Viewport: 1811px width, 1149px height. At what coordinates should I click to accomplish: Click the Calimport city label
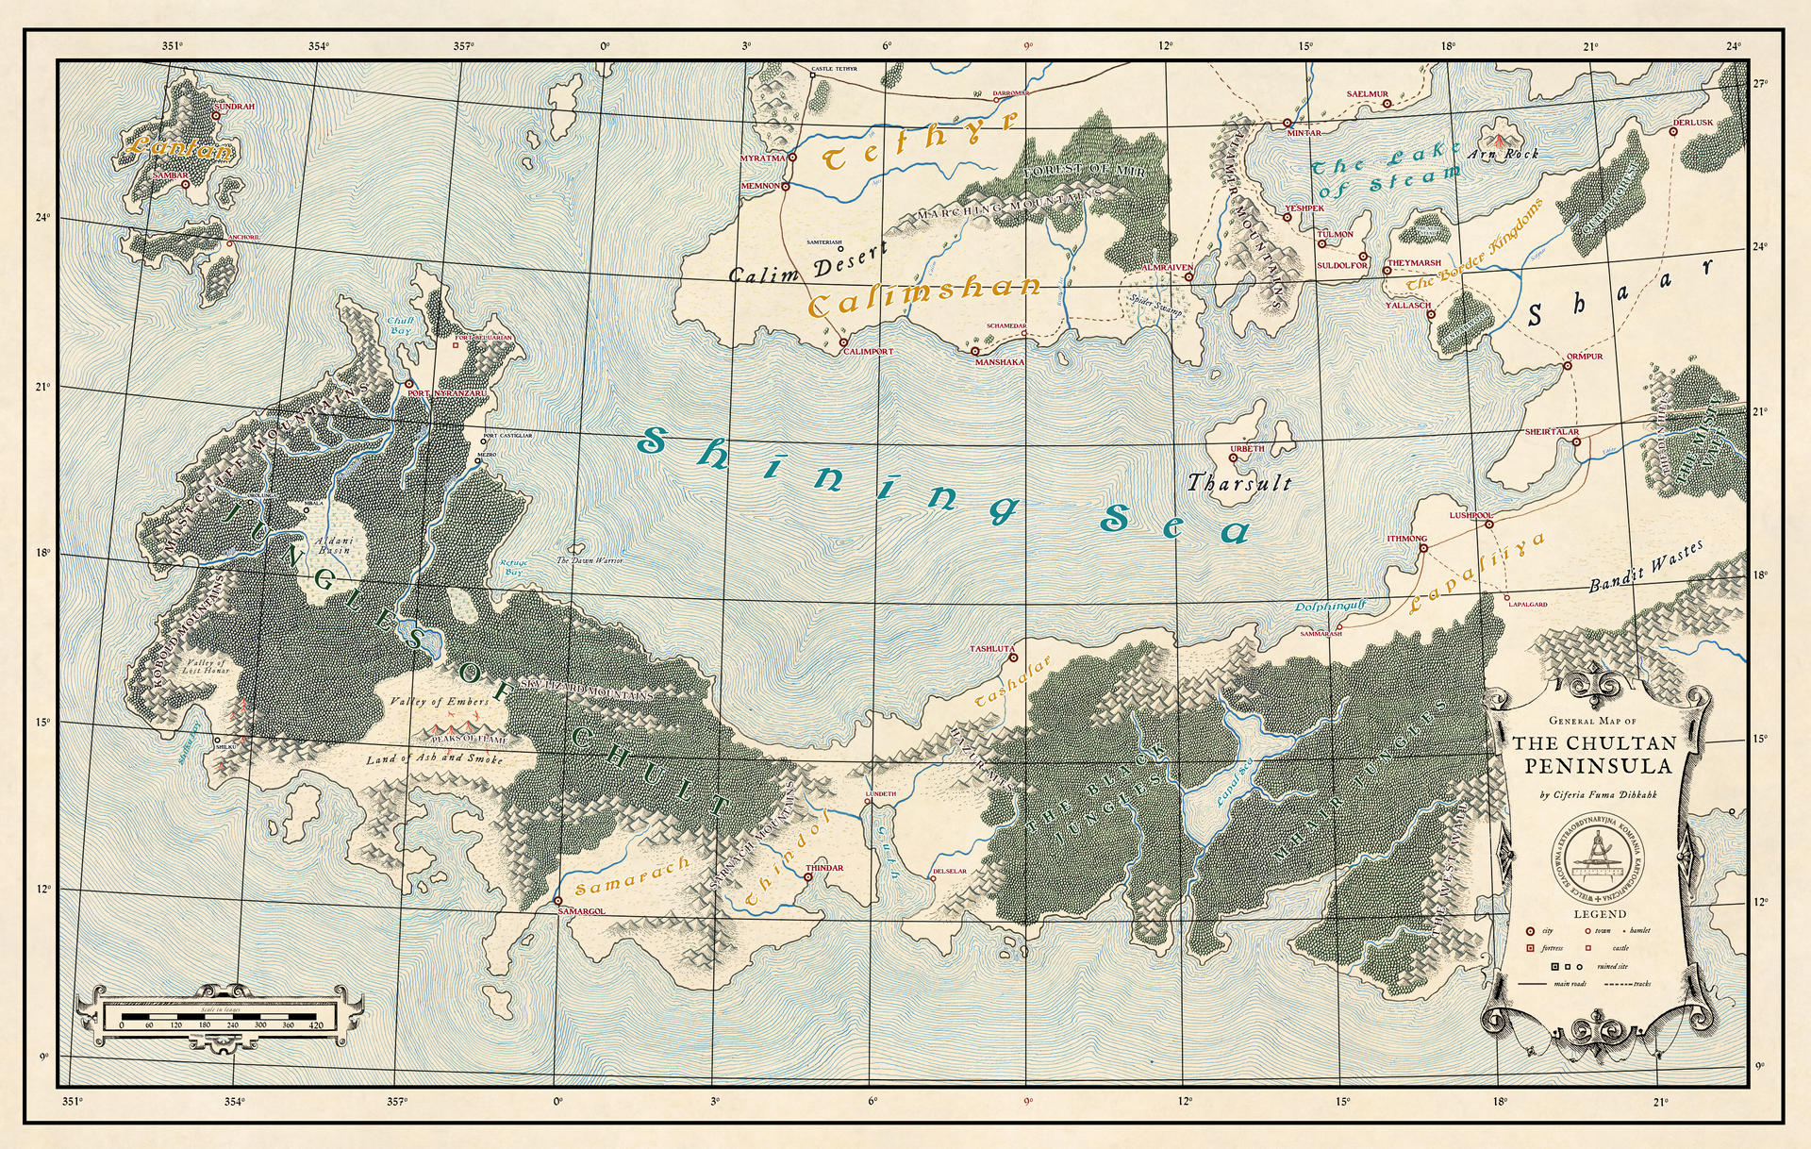coord(868,352)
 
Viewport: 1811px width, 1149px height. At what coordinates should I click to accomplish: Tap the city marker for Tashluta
coord(1014,658)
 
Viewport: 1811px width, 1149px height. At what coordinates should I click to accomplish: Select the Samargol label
coord(581,911)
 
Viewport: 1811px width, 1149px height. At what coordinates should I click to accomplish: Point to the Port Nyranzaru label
coord(448,393)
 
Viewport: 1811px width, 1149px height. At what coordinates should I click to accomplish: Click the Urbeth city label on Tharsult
coord(1247,449)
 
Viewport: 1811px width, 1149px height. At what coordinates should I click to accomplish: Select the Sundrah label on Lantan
coord(235,107)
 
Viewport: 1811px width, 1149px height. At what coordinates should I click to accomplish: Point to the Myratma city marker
coord(792,158)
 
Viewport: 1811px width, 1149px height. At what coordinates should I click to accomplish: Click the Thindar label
coord(824,868)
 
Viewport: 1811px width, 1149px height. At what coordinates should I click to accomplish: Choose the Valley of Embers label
coord(440,702)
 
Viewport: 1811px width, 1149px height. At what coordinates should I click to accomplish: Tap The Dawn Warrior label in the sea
coord(590,560)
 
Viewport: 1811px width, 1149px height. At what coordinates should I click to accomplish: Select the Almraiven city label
coord(1167,268)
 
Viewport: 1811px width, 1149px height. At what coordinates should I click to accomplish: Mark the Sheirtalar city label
coord(1552,432)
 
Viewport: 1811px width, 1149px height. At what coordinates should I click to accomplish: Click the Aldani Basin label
coord(334,545)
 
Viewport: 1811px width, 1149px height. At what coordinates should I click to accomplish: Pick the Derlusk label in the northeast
coord(1693,123)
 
